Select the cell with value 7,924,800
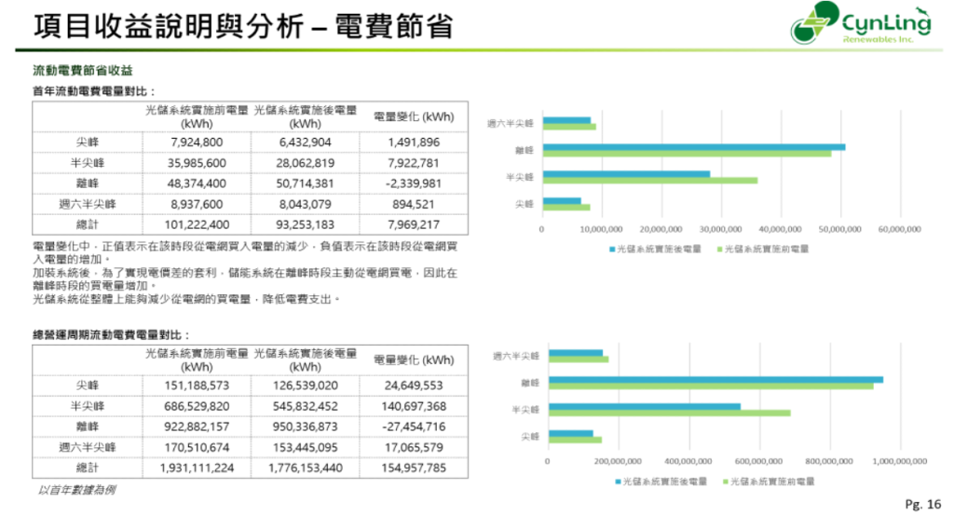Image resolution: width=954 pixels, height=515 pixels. [x=197, y=142]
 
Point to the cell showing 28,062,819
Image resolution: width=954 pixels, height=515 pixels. [x=305, y=163]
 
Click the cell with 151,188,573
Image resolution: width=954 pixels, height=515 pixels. [x=197, y=386]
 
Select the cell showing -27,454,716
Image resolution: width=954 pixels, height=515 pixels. [x=414, y=427]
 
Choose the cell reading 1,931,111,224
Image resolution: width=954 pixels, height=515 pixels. [x=197, y=468]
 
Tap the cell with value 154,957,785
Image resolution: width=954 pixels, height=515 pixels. [x=414, y=468]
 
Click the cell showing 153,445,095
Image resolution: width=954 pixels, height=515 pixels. [x=305, y=447]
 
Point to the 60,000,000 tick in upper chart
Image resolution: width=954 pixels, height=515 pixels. [x=899, y=228]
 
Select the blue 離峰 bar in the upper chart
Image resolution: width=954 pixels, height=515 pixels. [x=693, y=146]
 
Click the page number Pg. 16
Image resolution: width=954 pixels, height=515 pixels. [x=923, y=504]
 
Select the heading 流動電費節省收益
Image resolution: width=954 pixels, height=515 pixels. [x=83, y=71]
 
